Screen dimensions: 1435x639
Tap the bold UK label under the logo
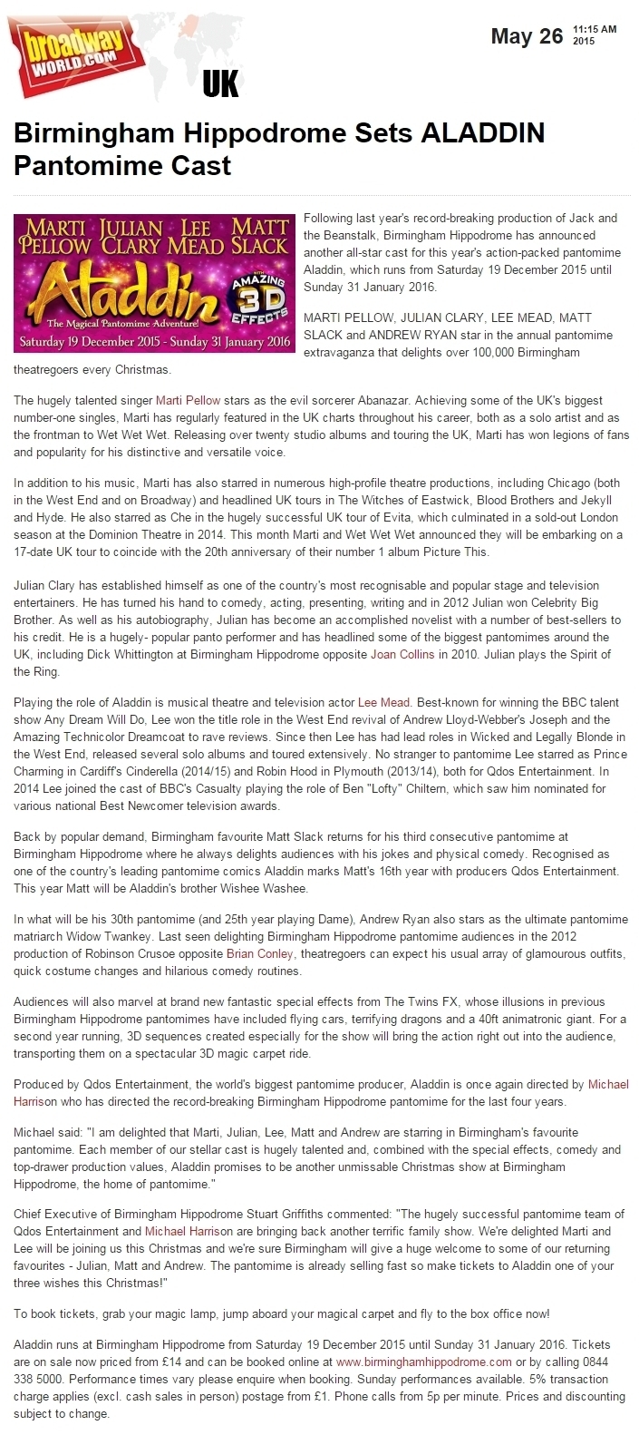coord(220,84)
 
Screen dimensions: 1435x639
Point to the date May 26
coord(527,36)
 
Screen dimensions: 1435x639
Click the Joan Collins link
coord(402,654)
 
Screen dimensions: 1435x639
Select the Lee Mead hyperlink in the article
coord(385,701)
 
